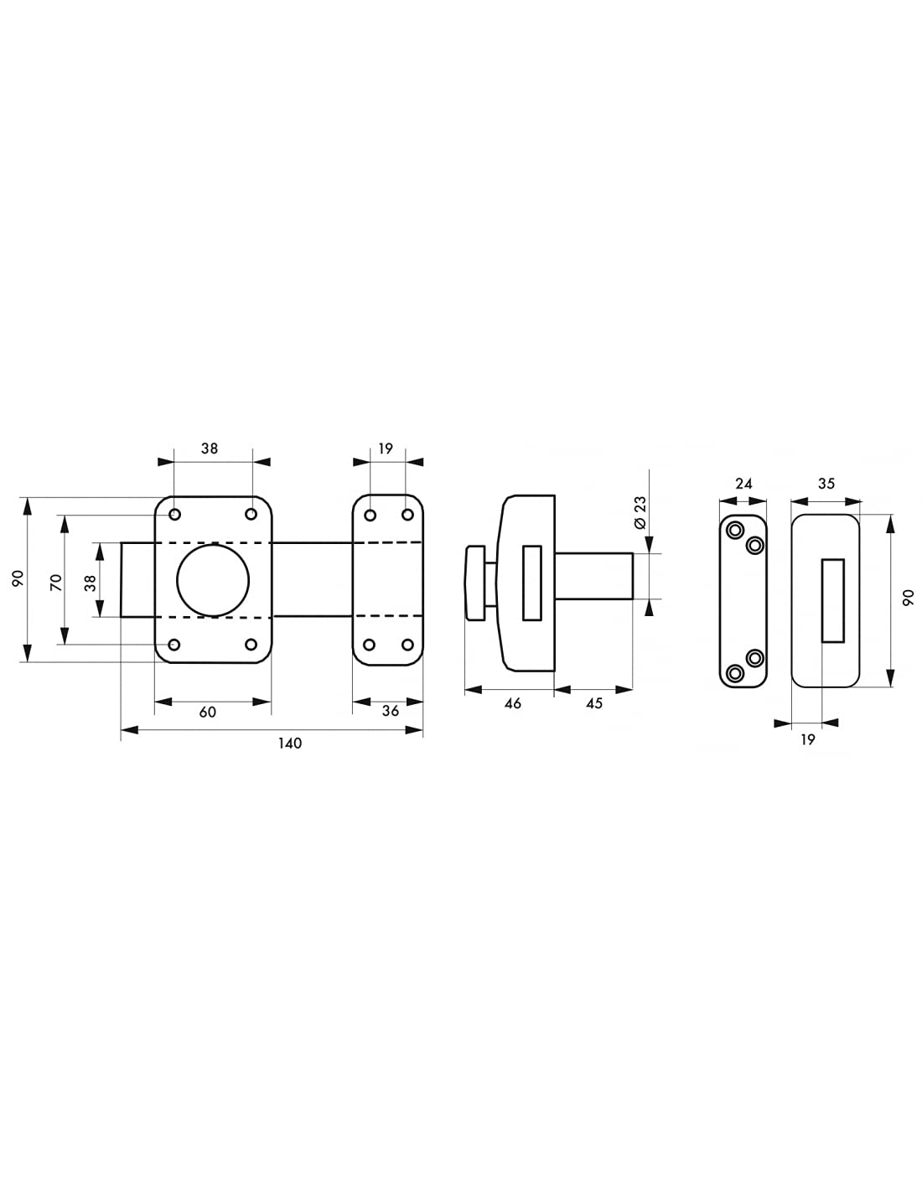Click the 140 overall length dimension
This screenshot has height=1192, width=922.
click(290, 743)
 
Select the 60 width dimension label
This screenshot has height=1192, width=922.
click(207, 712)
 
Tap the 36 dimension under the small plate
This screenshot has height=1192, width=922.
click(390, 711)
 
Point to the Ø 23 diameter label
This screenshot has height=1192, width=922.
click(640, 513)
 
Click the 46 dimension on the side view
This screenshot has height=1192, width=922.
click(512, 703)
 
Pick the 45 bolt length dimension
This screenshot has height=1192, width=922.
click(594, 703)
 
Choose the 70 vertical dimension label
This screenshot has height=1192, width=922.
click(56, 582)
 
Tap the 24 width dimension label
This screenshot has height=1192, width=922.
click(743, 484)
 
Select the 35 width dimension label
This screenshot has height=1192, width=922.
click(826, 484)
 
